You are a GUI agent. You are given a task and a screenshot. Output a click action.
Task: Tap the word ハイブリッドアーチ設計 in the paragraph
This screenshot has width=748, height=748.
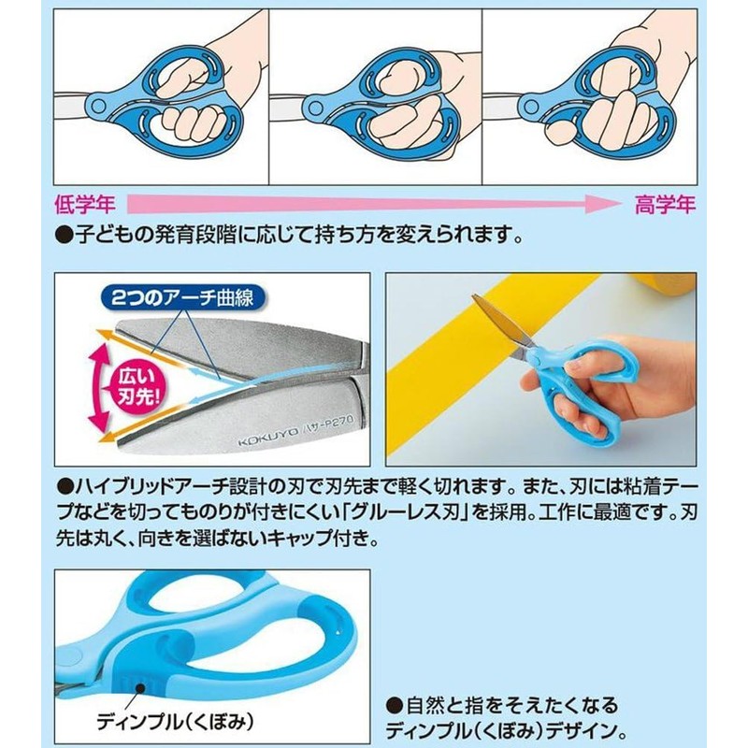point(164,488)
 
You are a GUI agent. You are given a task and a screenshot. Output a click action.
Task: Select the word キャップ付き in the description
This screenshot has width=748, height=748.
point(323,539)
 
